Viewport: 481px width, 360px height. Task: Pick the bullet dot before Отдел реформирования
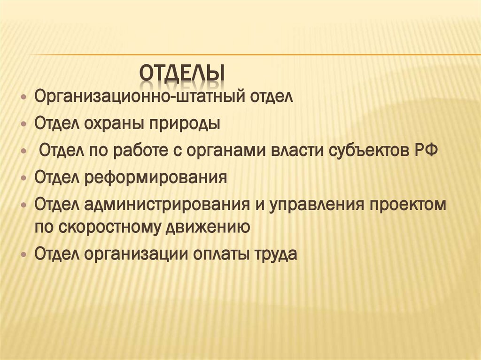24,179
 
